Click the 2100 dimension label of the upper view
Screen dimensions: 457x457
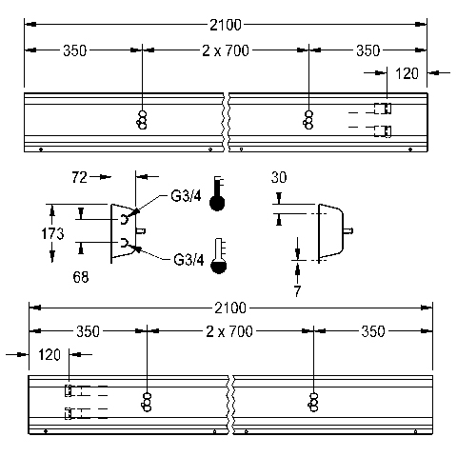pos(226,25)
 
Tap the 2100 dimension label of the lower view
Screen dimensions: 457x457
pos(230,308)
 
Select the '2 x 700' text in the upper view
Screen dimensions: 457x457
pos(226,50)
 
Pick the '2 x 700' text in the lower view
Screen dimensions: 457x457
pos(229,331)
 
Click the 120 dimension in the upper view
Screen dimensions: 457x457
pos(407,73)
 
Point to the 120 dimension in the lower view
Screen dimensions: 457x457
pos(50,354)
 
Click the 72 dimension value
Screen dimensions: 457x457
pos(79,177)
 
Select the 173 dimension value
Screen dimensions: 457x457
pos(52,234)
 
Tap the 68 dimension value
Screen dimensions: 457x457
pos(81,277)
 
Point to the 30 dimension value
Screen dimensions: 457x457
pos(279,177)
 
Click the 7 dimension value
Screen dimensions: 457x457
pos(297,291)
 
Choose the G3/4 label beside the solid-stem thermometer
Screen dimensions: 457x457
pos(186,196)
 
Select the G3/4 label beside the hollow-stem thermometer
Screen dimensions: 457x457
pos(189,260)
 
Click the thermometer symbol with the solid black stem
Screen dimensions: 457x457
pos(217,193)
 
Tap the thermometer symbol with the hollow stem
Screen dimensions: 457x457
pos(219,256)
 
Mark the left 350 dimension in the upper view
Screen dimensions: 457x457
pos(74,50)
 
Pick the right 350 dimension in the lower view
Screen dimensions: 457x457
pos(373,331)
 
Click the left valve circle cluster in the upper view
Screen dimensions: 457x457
pos(142,120)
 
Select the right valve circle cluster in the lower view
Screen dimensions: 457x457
pos(313,403)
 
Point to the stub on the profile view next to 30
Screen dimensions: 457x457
pos(348,230)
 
